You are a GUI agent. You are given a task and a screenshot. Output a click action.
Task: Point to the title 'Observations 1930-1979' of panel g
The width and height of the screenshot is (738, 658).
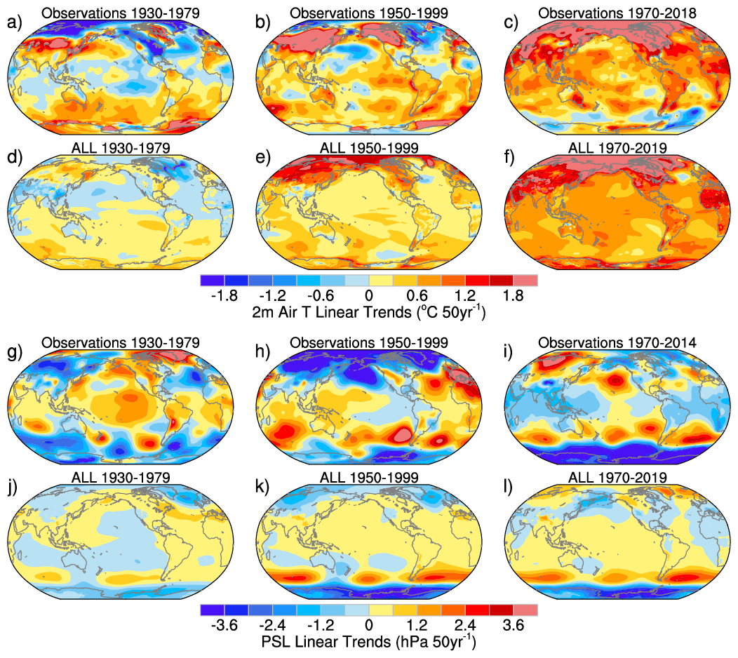(120, 343)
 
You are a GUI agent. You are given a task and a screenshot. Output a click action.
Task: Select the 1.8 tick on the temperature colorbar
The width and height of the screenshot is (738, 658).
(513, 295)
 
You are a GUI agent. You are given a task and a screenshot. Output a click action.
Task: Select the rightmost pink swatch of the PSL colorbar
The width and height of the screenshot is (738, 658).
(525, 610)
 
